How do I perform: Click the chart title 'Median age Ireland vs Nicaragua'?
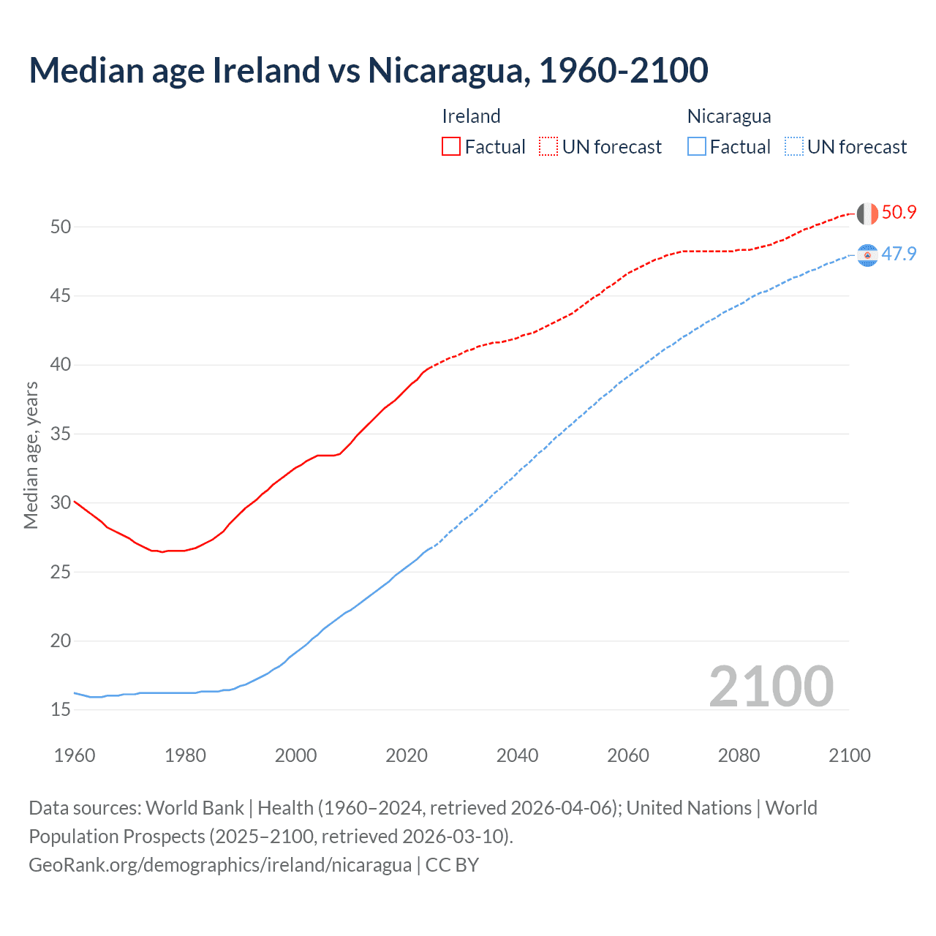(368, 70)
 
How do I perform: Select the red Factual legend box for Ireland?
(451, 146)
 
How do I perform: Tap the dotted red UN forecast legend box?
(548, 146)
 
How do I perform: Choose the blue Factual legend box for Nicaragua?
(697, 146)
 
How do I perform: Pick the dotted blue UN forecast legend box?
(793, 146)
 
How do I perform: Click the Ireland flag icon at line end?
(867, 214)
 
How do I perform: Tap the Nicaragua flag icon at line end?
(867, 255)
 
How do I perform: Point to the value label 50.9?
(899, 213)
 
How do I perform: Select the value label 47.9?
(899, 254)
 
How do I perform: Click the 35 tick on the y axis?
(61, 434)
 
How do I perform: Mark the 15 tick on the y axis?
(61, 710)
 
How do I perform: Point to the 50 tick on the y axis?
(61, 227)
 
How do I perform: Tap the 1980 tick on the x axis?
(185, 755)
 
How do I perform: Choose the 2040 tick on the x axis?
(517, 755)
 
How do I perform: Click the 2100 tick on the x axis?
(849, 755)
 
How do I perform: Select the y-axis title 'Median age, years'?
(31, 455)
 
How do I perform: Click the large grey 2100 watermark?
(771, 687)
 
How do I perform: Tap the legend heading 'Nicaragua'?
(729, 116)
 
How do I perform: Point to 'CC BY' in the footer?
(452, 865)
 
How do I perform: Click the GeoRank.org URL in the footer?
(220, 865)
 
